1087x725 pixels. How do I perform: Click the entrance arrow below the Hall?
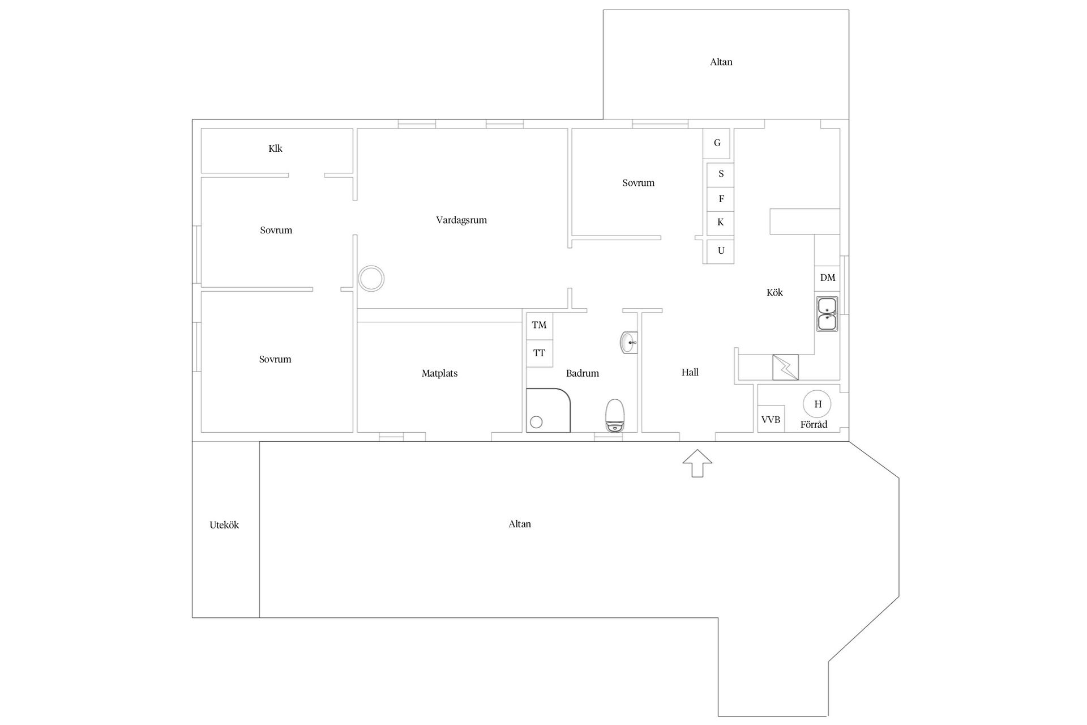697,463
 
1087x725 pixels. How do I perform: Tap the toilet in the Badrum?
614,415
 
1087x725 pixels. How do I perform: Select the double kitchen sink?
827,314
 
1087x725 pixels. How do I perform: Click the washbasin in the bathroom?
628,343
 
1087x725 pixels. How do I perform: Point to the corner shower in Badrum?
547,411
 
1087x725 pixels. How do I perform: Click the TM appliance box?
539,325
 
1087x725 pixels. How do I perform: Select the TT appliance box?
539,353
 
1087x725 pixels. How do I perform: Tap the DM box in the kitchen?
827,278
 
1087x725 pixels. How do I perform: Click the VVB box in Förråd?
771,419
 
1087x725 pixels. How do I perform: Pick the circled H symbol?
818,404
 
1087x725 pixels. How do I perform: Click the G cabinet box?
717,143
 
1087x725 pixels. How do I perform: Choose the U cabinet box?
721,251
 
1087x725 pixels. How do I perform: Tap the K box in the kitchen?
721,222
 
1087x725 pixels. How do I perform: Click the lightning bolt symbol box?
786,368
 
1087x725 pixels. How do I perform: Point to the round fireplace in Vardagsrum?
371,279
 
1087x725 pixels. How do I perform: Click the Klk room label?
275,149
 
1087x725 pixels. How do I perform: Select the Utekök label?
224,525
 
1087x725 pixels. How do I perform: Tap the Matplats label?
439,373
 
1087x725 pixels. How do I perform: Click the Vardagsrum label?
461,220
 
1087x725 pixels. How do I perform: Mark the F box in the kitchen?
721,199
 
